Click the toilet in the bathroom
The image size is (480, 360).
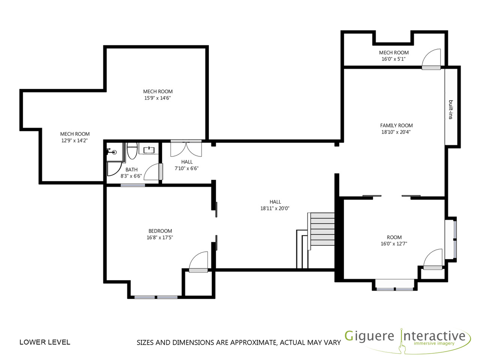click(x=132, y=150)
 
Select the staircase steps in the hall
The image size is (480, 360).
click(x=322, y=231)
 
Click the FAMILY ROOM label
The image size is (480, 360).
click(x=396, y=126)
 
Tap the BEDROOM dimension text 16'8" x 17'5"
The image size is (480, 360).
click(x=160, y=237)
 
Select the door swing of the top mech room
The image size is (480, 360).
click(x=431, y=57)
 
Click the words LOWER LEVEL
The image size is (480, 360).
click(x=45, y=342)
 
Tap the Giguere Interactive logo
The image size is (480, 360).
click(x=407, y=342)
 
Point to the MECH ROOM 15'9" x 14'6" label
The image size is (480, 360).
click(x=157, y=94)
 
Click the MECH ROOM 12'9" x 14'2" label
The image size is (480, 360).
click(x=75, y=137)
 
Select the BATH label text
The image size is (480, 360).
click(x=131, y=169)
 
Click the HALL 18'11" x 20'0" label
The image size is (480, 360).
click(x=275, y=205)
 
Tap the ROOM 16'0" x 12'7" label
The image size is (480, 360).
click(x=394, y=240)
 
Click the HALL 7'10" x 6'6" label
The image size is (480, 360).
click(x=186, y=165)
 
